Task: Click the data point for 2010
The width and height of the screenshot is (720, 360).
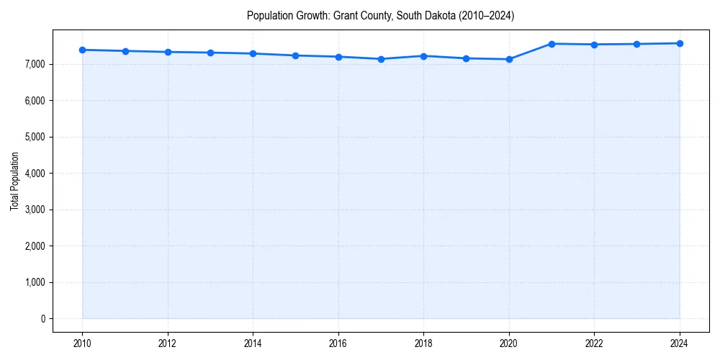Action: (x=83, y=50)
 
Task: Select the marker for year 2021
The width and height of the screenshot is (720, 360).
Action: (x=552, y=44)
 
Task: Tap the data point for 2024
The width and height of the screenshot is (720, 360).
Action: (x=680, y=43)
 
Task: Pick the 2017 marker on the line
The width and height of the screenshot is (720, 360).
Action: (x=381, y=59)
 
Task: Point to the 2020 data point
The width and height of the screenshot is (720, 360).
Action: (x=509, y=59)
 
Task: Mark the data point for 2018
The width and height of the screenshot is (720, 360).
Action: (x=423, y=55)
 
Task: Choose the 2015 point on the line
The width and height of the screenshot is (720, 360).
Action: (x=296, y=55)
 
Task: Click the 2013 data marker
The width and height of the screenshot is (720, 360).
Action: (x=210, y=53)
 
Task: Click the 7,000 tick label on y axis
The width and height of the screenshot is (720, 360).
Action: (x=34, y=64)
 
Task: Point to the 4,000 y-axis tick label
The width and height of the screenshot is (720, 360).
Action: (x=34, y=174)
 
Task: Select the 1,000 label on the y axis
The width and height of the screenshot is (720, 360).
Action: (x=34, y=282)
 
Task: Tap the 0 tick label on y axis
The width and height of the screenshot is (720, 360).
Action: (x=42, y=319)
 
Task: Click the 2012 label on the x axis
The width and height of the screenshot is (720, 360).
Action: (x=168, y=343)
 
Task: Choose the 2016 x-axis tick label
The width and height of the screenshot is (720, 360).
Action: (x=338, y=343)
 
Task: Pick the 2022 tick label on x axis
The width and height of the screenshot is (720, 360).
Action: (x=594, y=343)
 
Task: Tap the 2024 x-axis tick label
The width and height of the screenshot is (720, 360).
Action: (x=680, y=343)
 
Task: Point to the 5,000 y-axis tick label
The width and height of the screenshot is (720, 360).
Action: (x=34, y=137)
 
